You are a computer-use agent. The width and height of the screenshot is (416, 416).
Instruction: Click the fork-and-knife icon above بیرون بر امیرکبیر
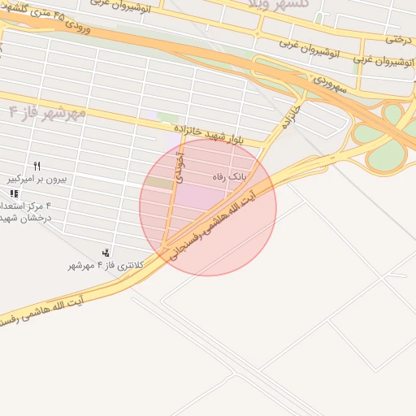37,166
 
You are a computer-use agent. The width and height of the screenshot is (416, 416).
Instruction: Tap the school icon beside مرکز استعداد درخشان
14,194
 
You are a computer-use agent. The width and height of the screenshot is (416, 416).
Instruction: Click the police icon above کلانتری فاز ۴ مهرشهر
106,253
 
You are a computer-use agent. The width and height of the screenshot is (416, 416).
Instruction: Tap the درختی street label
399,37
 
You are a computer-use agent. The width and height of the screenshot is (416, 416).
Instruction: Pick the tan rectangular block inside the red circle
162,184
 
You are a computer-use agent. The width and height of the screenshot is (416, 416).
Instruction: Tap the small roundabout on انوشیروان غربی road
257,35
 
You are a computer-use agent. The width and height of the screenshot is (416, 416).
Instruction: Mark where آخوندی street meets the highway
164,245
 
